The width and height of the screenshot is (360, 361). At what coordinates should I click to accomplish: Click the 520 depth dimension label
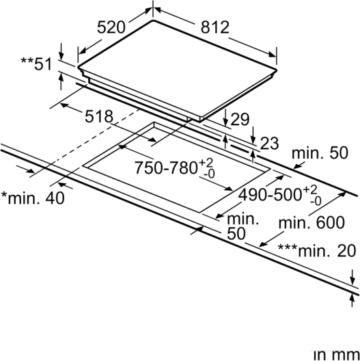pos(111,27)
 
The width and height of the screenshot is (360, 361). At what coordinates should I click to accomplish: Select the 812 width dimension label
pos(215,27)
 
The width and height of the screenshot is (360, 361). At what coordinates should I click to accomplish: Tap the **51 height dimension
pos(36,64)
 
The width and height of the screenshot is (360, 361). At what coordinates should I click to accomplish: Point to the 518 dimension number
pos(99,116)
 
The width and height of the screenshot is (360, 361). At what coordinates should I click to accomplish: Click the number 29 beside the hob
pos(240,119)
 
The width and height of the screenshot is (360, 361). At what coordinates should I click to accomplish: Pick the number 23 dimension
pos(269,143)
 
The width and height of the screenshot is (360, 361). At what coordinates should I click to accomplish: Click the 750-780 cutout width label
pos(165,168)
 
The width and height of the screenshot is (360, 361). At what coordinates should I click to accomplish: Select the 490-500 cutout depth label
pos(270,195)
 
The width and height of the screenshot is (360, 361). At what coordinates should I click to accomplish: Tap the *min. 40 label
pos(33,198)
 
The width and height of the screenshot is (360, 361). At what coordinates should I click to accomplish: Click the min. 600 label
pos(311,222)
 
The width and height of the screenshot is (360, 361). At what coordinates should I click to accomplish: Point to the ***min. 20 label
pos(317,250)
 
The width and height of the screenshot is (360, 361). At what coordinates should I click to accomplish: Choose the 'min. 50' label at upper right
pos(320,152)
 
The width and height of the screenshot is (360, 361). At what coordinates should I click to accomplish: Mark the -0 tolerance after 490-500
pos(316,201)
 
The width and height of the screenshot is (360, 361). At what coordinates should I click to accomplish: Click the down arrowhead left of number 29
pos(225,121)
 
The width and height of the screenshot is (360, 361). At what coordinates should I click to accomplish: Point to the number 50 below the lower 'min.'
pos(236,234)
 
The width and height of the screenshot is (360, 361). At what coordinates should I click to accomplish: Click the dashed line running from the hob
pos(85,143)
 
